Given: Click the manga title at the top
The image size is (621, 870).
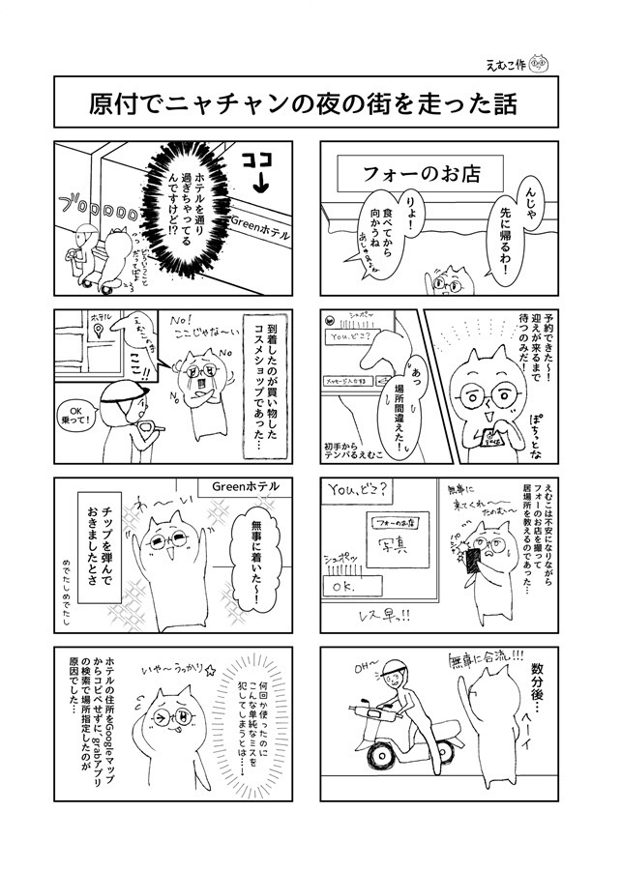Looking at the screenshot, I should (x=310, y=102).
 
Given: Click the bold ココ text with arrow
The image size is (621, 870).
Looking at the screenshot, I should (x=256, y=168).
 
